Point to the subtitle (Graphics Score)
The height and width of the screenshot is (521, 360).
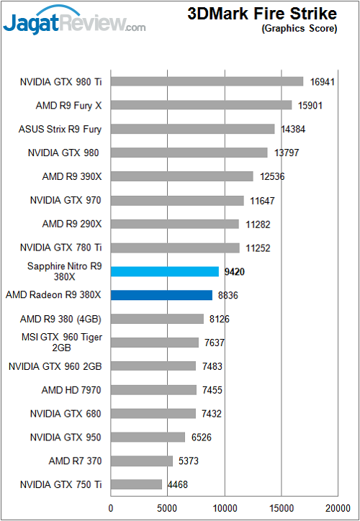pos(299,29)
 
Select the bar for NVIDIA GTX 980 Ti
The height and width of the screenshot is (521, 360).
pos(207,81)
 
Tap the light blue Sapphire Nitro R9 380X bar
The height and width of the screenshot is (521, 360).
pos(165,271)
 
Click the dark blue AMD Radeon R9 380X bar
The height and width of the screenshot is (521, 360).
pos(161,295)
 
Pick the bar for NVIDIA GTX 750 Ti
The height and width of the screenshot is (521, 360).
pos(136,484)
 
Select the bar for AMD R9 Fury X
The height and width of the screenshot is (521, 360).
pos(202,105)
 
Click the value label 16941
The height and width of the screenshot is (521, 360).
pos(322,82)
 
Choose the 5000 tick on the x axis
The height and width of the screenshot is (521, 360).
pos(168,508)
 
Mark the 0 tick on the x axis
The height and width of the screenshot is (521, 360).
pos(111,508)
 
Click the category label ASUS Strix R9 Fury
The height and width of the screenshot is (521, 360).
pos(60,130)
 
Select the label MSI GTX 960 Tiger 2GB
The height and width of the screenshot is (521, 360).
pos(60,343)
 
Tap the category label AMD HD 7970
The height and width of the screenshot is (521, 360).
pos(71,390)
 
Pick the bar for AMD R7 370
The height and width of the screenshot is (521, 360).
pos(142,461)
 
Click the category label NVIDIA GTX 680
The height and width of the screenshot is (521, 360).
pos(66,414)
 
